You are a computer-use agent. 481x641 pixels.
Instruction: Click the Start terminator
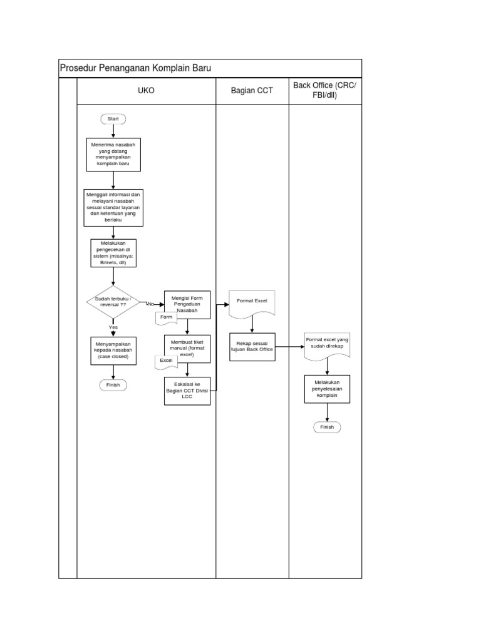point(113,118)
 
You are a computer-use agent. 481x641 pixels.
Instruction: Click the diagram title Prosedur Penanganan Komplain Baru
point(135,68)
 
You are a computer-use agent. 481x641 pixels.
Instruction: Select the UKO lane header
point(146,91)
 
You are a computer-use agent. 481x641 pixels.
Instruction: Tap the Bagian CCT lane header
point(252,91)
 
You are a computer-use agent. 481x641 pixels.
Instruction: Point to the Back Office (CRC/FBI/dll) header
point(324,90)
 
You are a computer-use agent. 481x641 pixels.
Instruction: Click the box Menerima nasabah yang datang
point(113,154)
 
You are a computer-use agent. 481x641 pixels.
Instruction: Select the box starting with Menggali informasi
point(113,207)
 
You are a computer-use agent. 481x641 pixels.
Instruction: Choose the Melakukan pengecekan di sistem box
point(113,254)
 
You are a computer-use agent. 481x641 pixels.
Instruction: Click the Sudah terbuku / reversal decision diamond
point(113,302)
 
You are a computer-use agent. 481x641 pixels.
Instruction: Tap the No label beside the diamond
point(150,304)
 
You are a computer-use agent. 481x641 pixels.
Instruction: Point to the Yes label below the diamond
point(113,327)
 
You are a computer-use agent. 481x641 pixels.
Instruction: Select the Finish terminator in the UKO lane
point(113,385)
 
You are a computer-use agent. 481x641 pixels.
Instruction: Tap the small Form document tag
point(166,317)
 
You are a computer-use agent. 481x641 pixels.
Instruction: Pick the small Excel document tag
point(166,361)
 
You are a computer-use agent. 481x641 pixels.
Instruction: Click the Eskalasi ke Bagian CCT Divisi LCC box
point(187,390)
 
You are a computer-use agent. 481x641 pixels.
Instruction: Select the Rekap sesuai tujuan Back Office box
point(252,346)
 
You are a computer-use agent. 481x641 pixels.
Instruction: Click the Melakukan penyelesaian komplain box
point(327,388)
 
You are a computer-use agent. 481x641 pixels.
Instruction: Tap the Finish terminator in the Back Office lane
point(327,427)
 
